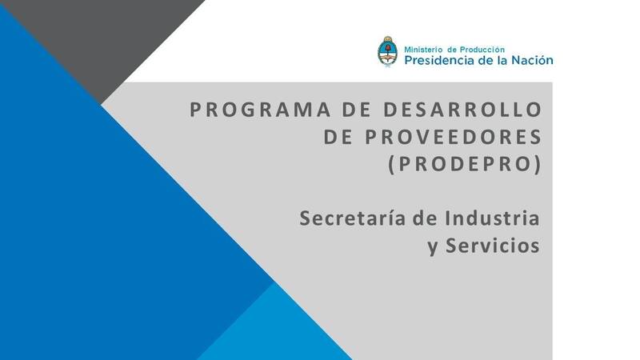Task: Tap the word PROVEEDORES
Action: coord(454,137)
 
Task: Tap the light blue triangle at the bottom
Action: coord(272,328)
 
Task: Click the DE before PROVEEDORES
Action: coord(339,137)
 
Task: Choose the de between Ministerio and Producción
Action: coord(455,49)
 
